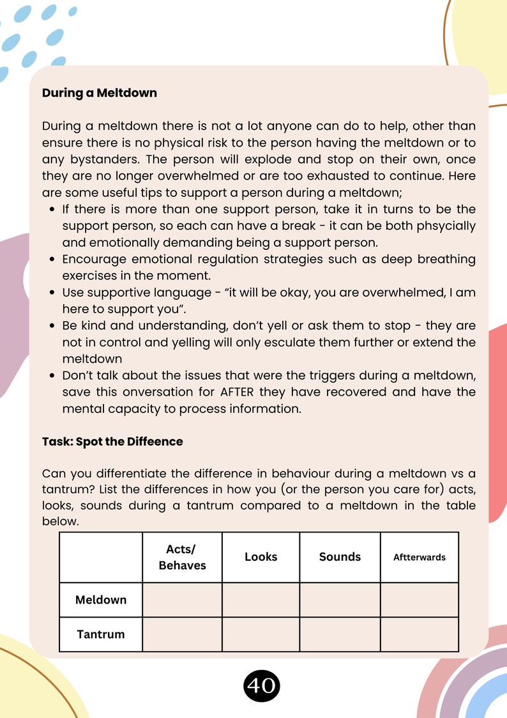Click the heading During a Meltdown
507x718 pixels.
click(x=99, y=93)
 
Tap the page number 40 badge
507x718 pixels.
click(x=262, y=686)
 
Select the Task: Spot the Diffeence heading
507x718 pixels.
click(x=112, y=442)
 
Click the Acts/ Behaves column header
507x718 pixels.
click(x=182, y=557)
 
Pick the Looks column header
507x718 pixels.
click(x=261, y=557)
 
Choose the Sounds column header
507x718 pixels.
click(x=340, y=557)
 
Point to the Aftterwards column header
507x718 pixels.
click(x=419, y=557)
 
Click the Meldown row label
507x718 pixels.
click(x=101, y=600)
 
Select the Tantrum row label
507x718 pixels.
click(x=101, y=634)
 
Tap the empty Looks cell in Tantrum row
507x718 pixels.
click(x=261, y=634)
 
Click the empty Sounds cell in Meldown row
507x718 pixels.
click(x=340, y=600)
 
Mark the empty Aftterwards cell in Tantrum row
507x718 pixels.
click(x=419, y=634)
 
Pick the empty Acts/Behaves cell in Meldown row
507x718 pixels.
click(x=182, y=600)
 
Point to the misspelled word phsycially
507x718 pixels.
click(x=443, y=226)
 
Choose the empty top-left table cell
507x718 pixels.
click(x=101, y=557)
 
